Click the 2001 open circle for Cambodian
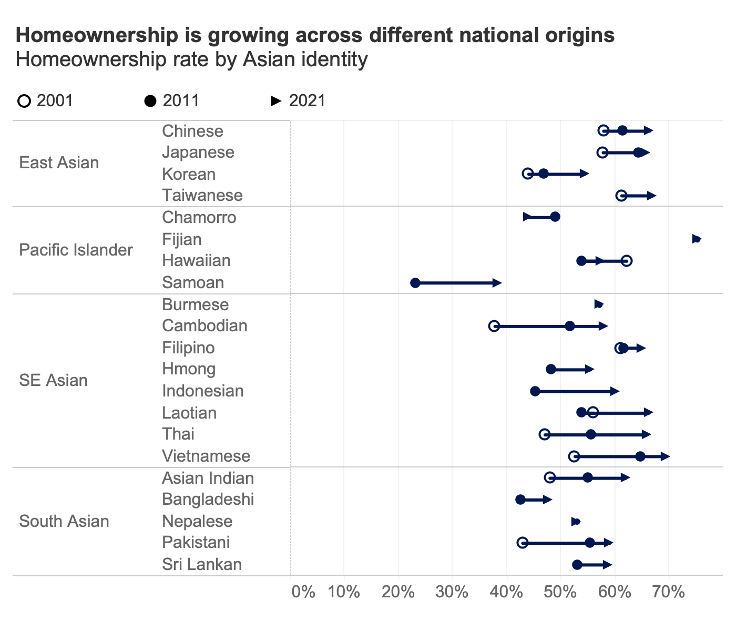tap(494, 326)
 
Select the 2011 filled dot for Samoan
tap(415, 283)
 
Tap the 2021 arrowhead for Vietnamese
tap(666, 456)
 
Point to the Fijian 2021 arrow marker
tap(697, 239)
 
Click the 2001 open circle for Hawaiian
tap(627, 261)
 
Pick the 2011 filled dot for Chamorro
tap(555, 217)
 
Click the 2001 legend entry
tap(46, 100)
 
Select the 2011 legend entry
tap(172, 100)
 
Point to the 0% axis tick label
tap(303, 592)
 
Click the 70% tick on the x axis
tap(668, 592)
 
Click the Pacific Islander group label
tap(76, 250)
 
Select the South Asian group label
tap(64, 521)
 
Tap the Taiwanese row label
tap(202, 196)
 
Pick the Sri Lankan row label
tap(202, 565)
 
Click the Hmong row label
tap(189, 369)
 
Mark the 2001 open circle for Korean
tap(528, 174)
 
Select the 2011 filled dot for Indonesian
tap(535, 391)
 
